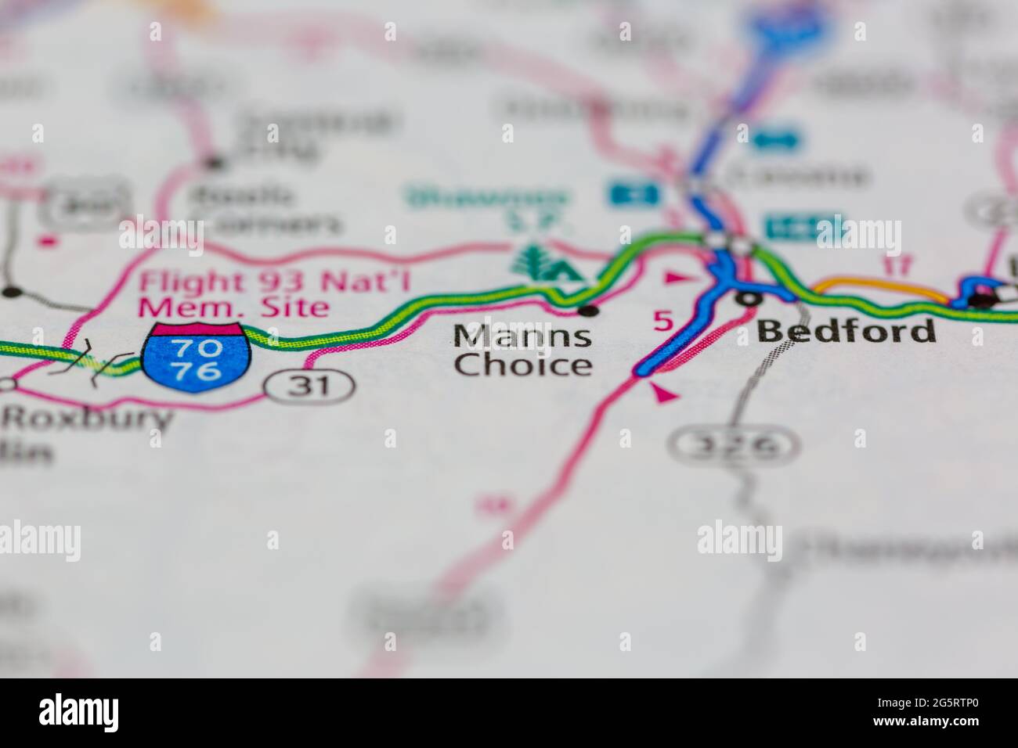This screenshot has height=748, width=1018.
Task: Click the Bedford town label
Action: [x=846, y=331]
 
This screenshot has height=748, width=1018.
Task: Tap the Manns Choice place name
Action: [x=523, y=351]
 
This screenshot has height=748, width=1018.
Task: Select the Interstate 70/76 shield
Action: [x=197, y=357]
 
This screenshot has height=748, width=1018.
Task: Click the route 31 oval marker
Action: [x=308, y=385]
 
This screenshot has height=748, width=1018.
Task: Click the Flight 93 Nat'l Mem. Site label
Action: [x=234, y=291]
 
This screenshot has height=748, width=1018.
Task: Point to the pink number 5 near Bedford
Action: [x=662, y=321]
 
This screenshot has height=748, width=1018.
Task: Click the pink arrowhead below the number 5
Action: [x=665, y=395]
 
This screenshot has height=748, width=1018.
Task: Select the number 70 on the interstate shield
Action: [x=197, y=347]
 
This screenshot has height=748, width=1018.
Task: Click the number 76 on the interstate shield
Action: [x=197, y=370]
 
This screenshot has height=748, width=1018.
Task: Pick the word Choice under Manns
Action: [x=523, y=365]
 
